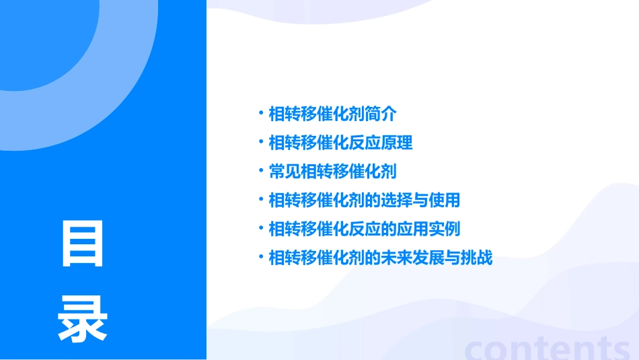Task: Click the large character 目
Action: (83, 244)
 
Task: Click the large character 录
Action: (83, 318)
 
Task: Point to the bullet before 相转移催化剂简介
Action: (261, 112)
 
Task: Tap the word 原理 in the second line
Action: (397, 143)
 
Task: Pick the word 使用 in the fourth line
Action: (445, 200)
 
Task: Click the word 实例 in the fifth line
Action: (445, 229)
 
